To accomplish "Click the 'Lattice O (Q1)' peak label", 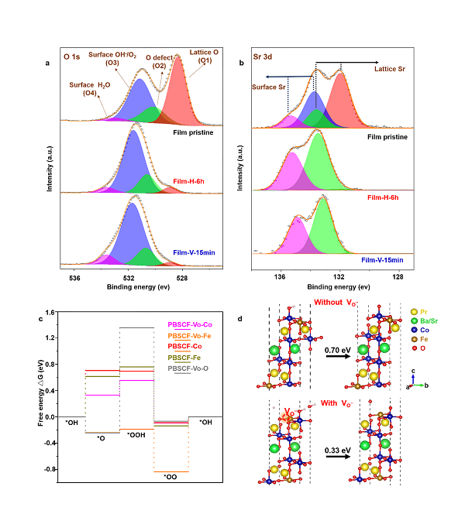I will tap(204, 55).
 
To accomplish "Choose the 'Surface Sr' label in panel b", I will tap(270, 87).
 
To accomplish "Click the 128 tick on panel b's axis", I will tap(398, 276).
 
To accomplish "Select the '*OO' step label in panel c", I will tap(170, 477).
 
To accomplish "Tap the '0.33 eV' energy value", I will tap(339, 446).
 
